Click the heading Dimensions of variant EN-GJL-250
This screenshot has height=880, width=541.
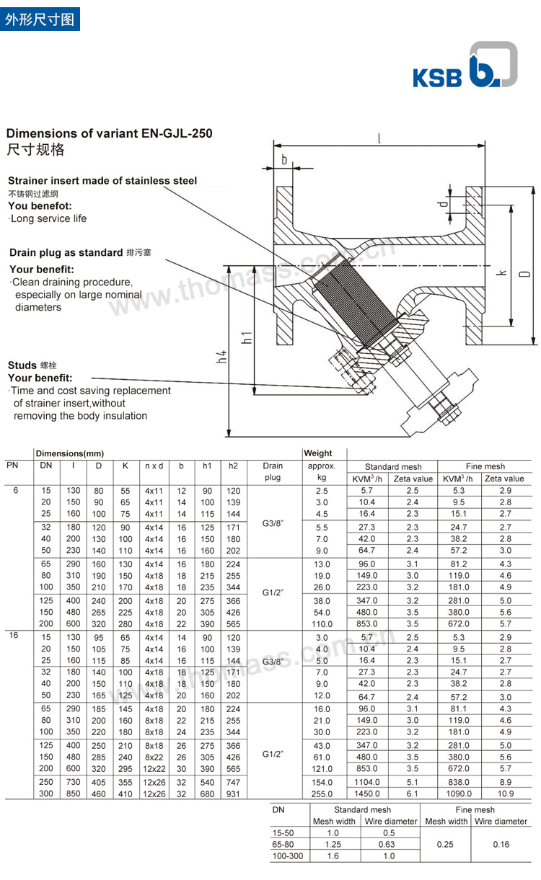coord(109,133)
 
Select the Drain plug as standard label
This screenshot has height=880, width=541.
coord(66,252)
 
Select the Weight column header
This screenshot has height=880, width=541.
coord(318,453)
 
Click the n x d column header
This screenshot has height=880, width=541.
coord(154,466)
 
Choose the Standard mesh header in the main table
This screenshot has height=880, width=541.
coord(392,466)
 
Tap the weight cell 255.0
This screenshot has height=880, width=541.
coord(321,793)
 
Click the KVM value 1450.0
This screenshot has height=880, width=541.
coord(366,793)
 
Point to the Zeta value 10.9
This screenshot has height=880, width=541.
coord(505,793)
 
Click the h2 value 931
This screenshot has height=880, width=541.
coord(233,793)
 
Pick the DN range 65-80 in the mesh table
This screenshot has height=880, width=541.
coord(282,844)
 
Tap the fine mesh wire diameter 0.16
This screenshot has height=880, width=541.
coord(501,844)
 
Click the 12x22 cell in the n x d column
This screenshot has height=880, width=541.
coord(154,768)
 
